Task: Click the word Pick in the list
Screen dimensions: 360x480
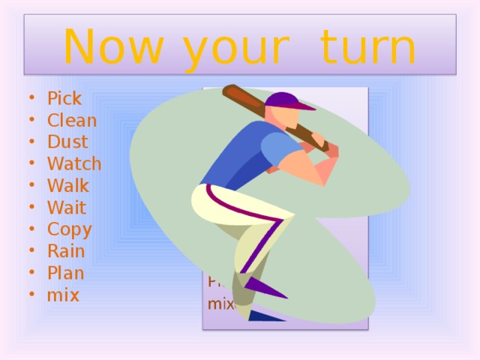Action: click(x=64, y=98)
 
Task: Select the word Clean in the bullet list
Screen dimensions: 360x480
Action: click(x=71, y=120)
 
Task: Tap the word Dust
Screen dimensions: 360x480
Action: click(x=67, y=142)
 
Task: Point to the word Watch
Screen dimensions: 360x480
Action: click(x=73, y=163)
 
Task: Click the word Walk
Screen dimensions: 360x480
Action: click(x=67, y=185)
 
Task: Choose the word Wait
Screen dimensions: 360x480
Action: click(x=66, y=207)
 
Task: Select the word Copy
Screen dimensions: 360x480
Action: click(x=69, y=229)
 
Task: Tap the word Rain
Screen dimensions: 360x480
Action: click(x=65, y=251)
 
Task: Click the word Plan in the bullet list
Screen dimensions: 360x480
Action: click(x=65, y=273)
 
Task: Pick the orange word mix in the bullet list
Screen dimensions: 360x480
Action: click(x=62, y=295)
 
